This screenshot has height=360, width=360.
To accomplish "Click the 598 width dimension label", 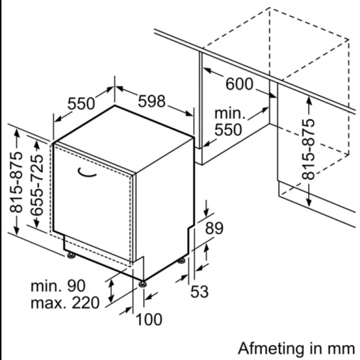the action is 152,101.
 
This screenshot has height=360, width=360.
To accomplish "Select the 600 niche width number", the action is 240,84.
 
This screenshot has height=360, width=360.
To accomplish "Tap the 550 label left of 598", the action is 81,103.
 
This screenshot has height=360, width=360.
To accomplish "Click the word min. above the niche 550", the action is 230,114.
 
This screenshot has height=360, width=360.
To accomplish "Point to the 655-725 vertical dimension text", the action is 37,185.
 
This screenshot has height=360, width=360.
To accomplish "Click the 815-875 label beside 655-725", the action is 16,182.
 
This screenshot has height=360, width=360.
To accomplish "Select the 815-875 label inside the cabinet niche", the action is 308,149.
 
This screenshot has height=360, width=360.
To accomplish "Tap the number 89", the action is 214,228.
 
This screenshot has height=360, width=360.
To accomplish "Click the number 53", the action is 200,292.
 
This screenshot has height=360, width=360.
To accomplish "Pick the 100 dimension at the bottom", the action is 149,319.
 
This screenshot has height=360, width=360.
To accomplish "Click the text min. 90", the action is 58,286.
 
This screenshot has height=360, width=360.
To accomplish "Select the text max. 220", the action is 65,303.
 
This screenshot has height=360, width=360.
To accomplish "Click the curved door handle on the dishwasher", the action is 87,173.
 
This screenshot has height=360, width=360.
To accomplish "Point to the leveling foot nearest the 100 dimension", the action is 142,284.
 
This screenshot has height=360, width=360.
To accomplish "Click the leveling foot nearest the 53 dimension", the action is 182,261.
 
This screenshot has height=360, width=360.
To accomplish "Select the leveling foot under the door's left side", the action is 71,255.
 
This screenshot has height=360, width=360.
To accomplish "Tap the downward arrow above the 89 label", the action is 206,208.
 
